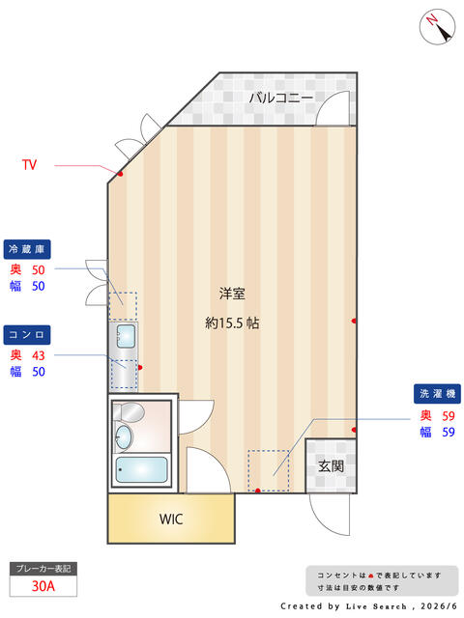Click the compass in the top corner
(437, 26)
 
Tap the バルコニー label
(281, 98)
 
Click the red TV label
(29, 164)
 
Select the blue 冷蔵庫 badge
(27, 249)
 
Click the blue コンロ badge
(27, 335)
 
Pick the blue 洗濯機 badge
(437, 394)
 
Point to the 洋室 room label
(232, 294)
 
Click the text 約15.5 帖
(232, 323)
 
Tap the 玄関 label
(331, 466)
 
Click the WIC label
(171, 520)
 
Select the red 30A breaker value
(43, 586)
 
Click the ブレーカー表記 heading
(43, 569)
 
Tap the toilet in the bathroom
(129, 412)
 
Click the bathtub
(142, 469)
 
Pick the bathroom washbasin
(124, 436)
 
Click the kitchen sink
(126, 336)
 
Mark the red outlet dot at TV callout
(120, 174)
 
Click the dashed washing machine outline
(269, 470)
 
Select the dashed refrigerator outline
(123, 306)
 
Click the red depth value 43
(39, 355)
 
